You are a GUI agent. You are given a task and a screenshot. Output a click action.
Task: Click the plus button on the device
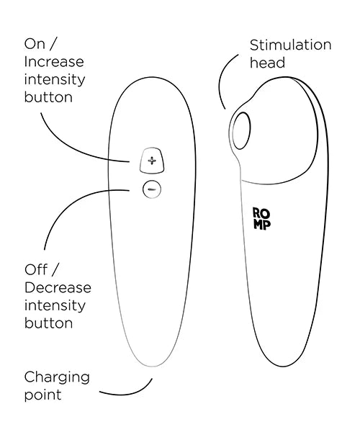(152, 161)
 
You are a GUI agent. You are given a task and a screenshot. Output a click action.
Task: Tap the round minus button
(152, 189)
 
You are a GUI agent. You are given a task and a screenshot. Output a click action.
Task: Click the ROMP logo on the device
(261, 218)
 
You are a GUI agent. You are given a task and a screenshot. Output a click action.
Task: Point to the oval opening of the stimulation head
(241, 130)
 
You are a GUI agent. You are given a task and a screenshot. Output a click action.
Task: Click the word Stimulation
(290, 45)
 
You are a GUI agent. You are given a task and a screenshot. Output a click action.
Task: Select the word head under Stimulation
(267, 63)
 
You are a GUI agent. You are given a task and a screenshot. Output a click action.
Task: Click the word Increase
(54, 62)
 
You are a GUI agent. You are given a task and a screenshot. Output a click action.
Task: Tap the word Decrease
(58, 287)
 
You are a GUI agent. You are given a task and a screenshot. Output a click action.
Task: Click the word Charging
(57, 378)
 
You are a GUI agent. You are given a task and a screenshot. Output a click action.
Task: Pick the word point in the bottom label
(42, 395)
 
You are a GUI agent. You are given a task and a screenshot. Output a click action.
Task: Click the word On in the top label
(35, 44)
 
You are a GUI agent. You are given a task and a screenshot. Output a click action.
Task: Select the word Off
(36, 269)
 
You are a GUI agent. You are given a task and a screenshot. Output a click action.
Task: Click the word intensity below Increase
(55, 79)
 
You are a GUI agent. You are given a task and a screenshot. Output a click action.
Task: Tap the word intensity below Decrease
(55, 305)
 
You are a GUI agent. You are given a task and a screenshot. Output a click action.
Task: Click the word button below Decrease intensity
(48, 323)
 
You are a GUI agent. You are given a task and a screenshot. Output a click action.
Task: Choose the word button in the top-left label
(48, 97)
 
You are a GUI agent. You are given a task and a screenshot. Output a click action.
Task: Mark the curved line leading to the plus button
(71, 148)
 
